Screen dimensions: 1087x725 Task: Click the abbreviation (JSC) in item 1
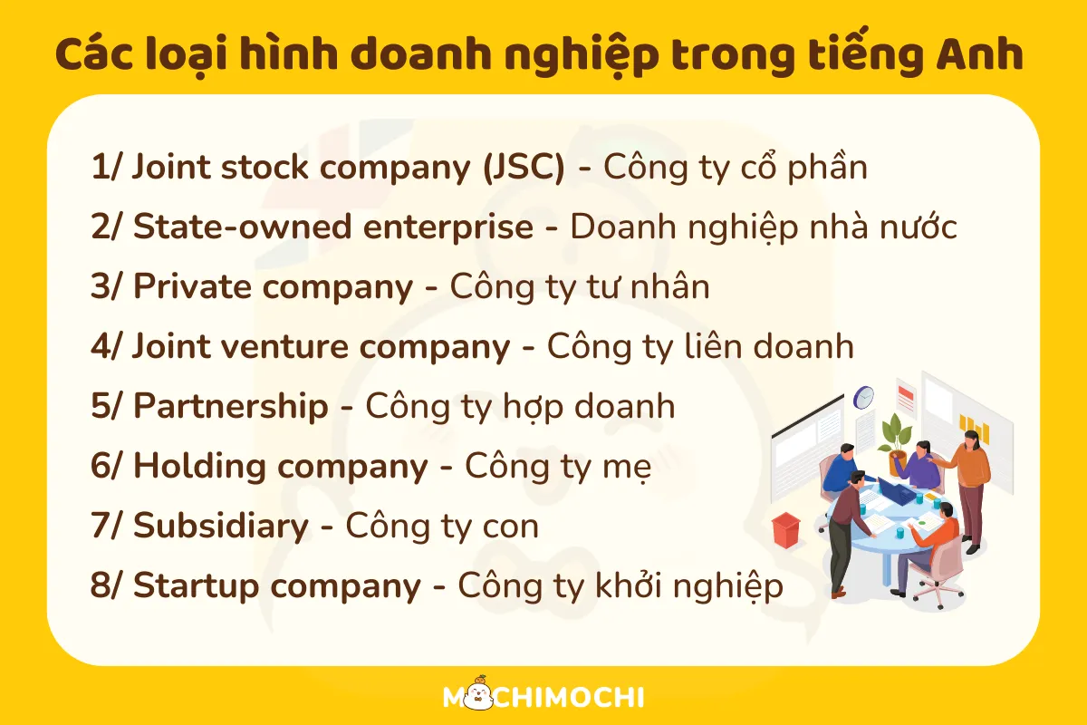pos(524,168)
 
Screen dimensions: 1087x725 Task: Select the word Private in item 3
pos(192,286)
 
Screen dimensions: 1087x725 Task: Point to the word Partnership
pos(231,406)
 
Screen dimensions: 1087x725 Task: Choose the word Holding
pos(199,466)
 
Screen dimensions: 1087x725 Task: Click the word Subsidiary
pos(221,526)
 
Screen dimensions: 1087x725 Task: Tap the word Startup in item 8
pos(196,585)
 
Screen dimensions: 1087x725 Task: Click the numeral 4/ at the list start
pos(105,346)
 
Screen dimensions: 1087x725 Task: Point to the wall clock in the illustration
pos(864,397)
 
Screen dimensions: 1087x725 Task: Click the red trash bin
pos(785,530)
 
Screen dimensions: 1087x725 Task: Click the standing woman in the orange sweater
pos(970,490)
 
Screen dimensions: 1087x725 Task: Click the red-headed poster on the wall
pos(906,398)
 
